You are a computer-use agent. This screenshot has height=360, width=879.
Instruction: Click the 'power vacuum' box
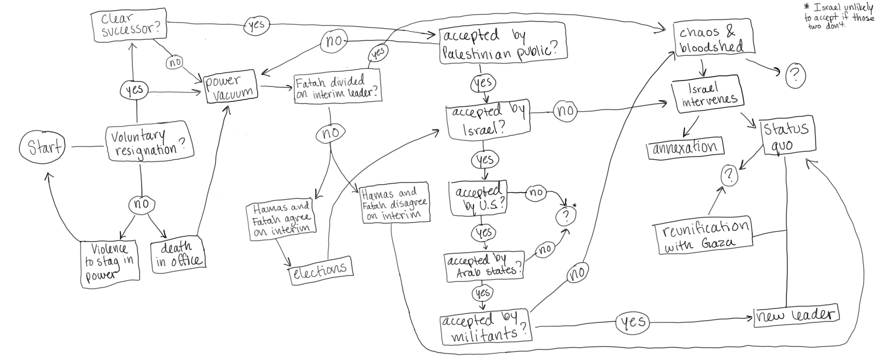pos(231,87)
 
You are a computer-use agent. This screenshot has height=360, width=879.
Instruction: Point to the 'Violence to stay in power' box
pos(110,262)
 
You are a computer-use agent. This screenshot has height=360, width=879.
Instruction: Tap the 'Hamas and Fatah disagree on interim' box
pos(395,203)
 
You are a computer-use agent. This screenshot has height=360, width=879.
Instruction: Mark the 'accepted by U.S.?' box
pos(479,199)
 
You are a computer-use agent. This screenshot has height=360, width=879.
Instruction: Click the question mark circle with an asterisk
pos(566,215)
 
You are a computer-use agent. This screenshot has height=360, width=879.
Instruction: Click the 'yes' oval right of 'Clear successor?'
pos(256,25)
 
